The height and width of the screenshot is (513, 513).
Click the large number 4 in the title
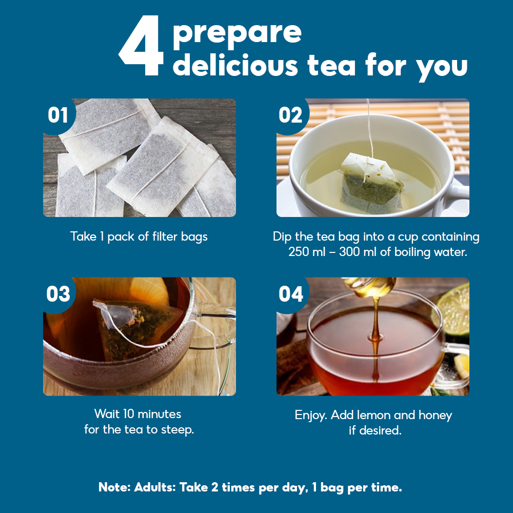[142, 46]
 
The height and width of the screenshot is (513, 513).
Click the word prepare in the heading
[237, 34]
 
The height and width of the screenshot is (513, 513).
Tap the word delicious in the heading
[235, 65]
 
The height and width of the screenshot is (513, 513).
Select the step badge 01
[58, 115]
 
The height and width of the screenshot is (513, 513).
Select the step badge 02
[290, 115]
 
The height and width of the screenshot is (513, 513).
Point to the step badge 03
[58, 294]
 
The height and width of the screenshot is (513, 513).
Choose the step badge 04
[291, 294]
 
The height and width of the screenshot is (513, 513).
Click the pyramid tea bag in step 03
[137, 327]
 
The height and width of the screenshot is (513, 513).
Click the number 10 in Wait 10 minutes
[129, 414]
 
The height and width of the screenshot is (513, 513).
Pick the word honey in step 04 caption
[435, 416]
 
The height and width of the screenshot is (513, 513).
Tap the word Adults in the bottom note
[155, 487]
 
